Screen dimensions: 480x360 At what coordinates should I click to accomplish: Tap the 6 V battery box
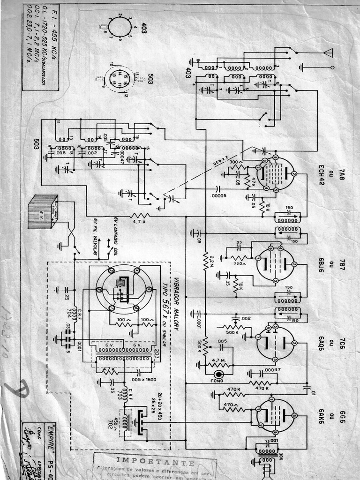43,212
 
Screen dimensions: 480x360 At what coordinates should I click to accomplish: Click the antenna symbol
329,52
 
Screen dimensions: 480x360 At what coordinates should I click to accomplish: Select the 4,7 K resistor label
140,222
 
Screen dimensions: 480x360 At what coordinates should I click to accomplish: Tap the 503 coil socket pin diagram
119,78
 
